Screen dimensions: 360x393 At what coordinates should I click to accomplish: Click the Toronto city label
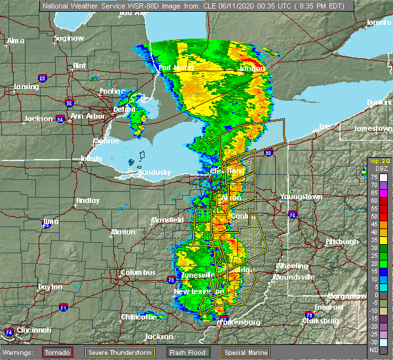tap(378, 22)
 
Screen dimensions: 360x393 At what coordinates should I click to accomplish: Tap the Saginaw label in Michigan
tap(69, 38)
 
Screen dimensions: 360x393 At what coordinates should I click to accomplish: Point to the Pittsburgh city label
tap(343, 242)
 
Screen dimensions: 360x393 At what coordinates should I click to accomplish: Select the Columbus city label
tap(138, 272)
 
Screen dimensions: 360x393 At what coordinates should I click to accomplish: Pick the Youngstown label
tap(301, 196)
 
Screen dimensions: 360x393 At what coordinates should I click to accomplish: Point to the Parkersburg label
tap(242, 321)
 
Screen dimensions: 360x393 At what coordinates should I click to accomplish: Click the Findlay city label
tap(87, 200)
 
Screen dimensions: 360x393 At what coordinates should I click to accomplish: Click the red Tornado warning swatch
tap(58, 351)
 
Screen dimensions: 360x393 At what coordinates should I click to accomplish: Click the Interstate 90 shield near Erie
tap(269, 153)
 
